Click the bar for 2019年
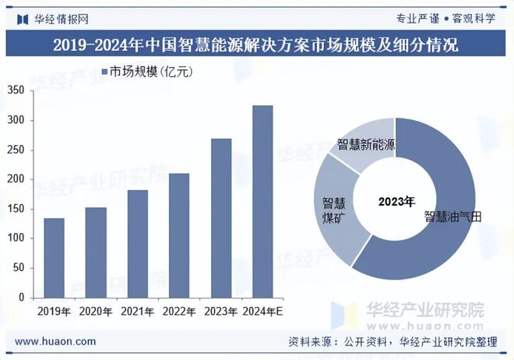coord(54,257)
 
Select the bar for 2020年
coord(96,252)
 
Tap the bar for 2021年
coord(138,243)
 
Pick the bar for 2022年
coord(179,235)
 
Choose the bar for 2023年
coord(221,217)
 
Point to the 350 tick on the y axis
coord(15,90)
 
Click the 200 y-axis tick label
coord(15,179)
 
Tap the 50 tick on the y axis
coord(18,267)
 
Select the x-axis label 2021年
coord(138,312)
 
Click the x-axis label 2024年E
coord(262,312)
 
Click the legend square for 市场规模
coord(104,72)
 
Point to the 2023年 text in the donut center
coord(396,202)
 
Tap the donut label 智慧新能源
coord(366,145)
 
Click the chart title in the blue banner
coord(256,45)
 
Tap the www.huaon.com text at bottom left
coord(56,341)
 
